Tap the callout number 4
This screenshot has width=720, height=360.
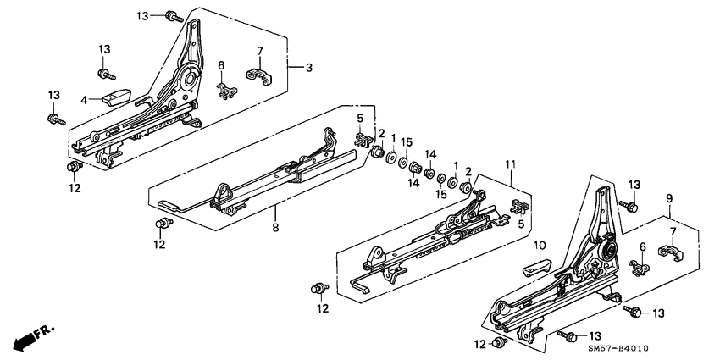[x=84, y=100]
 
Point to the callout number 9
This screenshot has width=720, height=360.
[x=668, y=198]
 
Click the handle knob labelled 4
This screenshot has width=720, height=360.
[x=114, y=95]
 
